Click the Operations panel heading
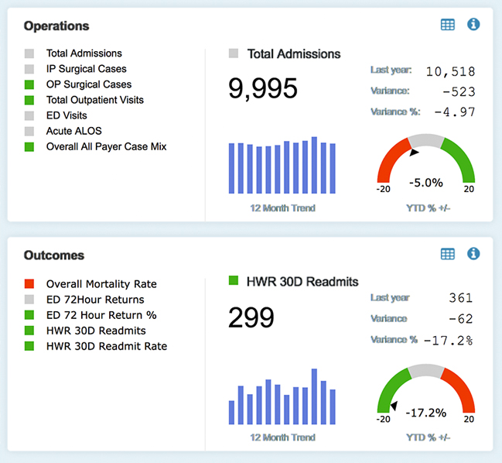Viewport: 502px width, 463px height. coord(56,26)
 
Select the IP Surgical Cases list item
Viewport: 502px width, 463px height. coord(86,69)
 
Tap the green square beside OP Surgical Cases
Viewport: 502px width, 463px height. coord(29,84)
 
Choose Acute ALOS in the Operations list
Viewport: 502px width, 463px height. coord(73,131)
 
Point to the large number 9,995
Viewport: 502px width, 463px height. coord(262,88)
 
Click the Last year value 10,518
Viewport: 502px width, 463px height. coord(449,72)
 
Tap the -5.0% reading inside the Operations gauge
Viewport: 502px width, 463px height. coord(425,183)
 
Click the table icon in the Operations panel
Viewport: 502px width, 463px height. coord(447,25)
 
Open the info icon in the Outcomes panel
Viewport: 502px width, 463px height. coord(473,254)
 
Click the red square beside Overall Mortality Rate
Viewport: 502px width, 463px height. coord(29,284)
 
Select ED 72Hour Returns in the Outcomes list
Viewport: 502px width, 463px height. coord(95,300)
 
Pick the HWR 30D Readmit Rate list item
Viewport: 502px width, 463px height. coord(106,346)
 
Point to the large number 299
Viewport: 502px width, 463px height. coord(251,317)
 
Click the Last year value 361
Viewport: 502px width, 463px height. coord(461,298)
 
